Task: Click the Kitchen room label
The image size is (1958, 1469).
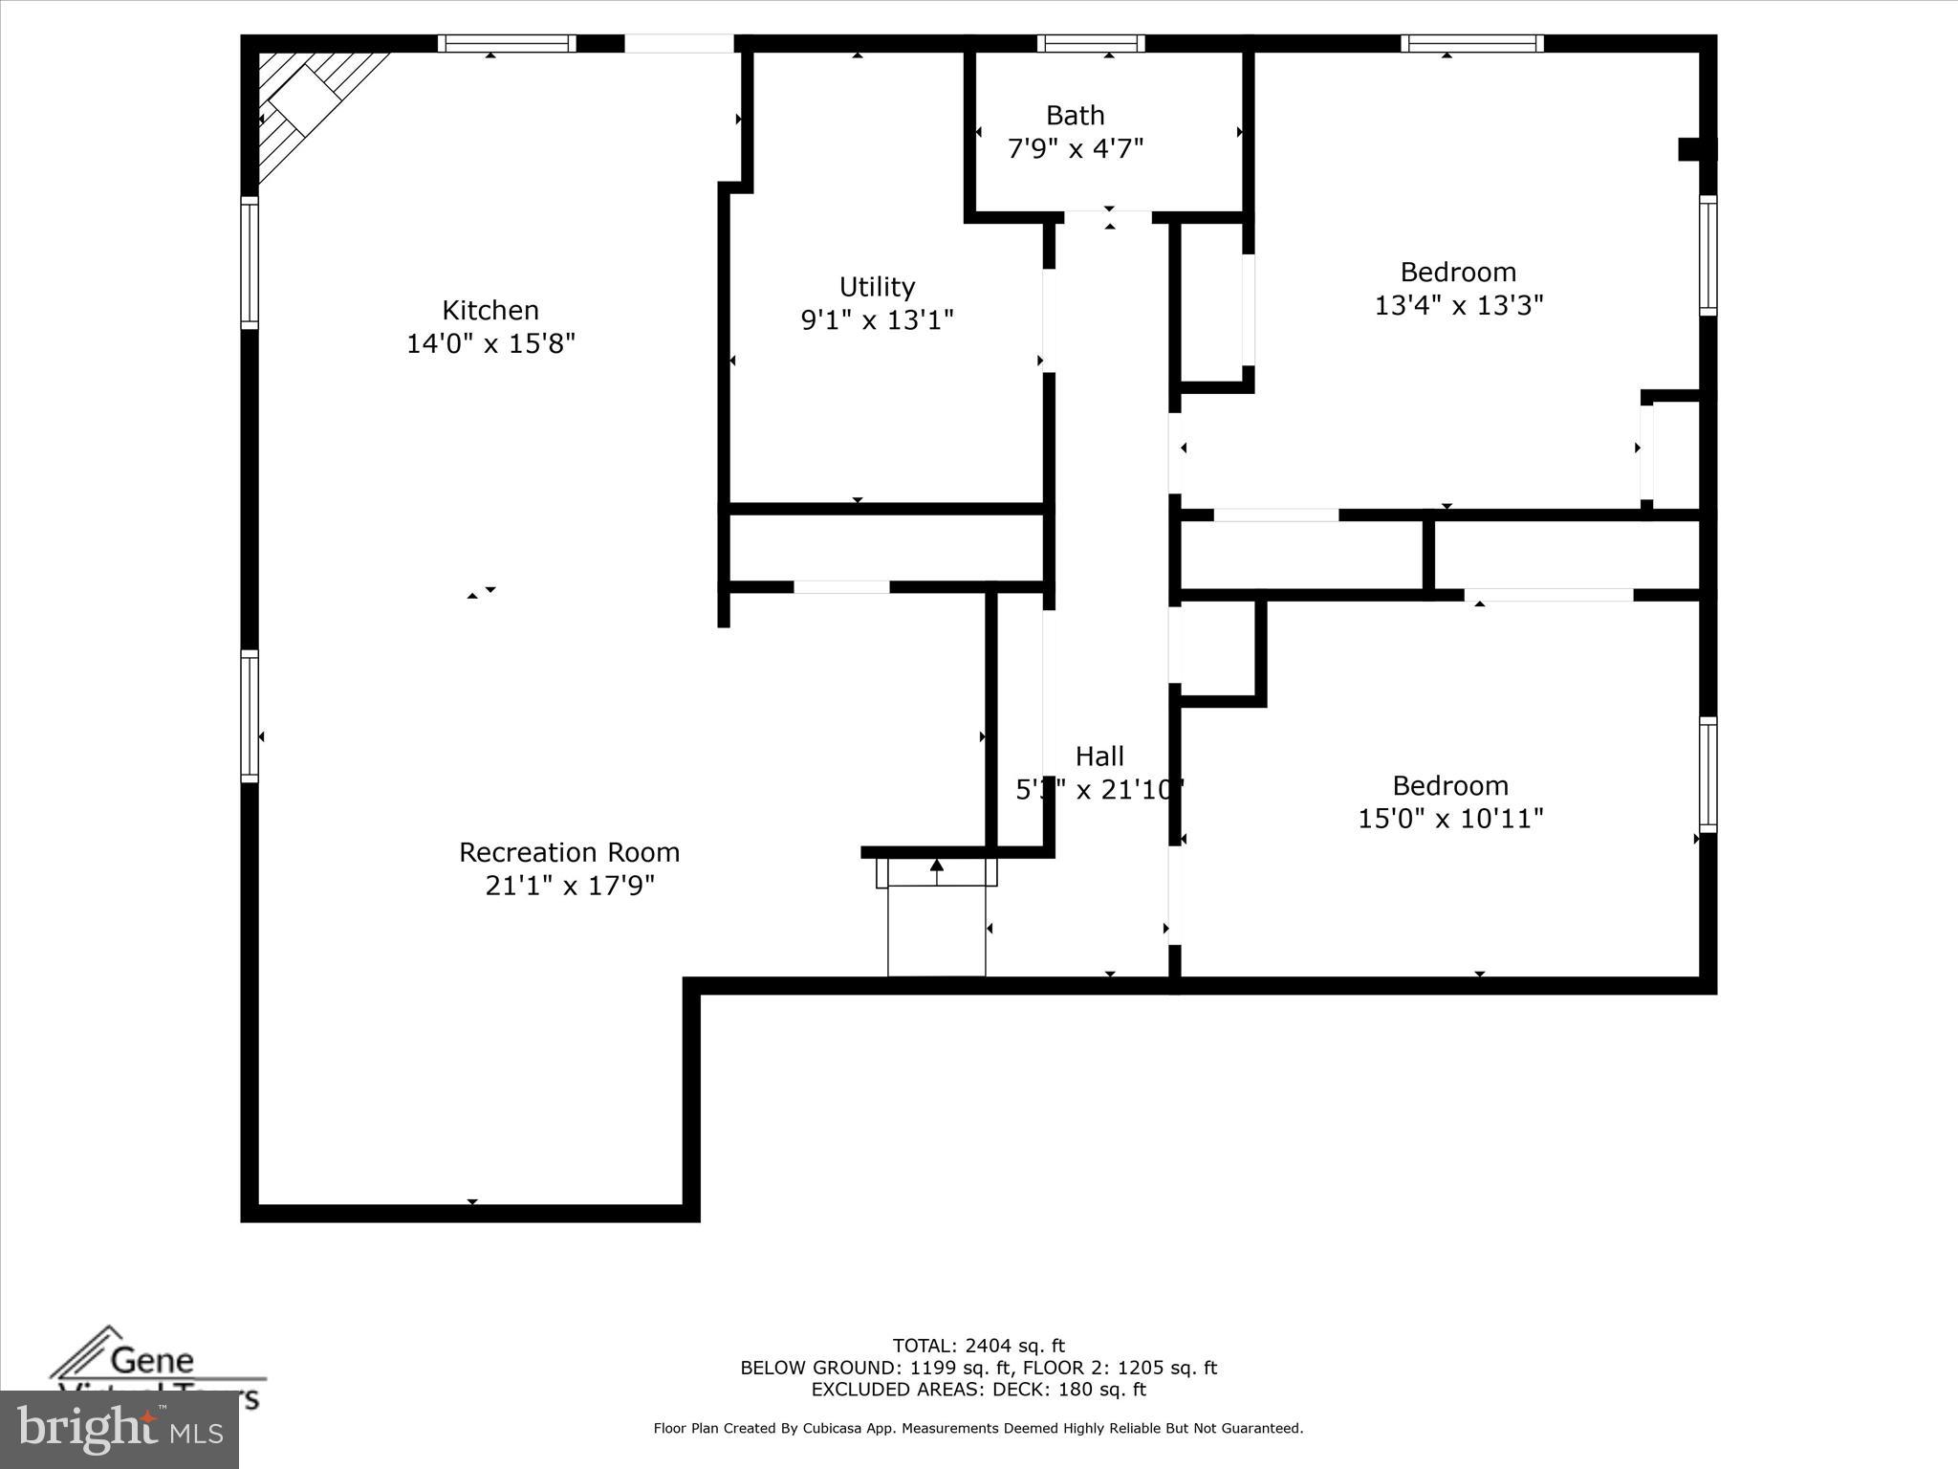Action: (x=489, y=310)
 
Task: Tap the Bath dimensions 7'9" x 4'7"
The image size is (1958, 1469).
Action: (x=1076, y=149)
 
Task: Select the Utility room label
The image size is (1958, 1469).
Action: (x=877, y=287)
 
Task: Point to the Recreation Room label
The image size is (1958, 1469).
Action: (x=569, y=852)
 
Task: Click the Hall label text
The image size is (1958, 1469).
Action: (x=1099, y=756)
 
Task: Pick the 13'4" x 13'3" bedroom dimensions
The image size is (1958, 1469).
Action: (x=1458, y=305)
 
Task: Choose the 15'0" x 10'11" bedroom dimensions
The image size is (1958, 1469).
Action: (x=1450, y=819)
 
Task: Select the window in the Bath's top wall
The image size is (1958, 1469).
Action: (x=1091, y=43)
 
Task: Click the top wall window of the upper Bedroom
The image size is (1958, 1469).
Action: (x=1472, y=43)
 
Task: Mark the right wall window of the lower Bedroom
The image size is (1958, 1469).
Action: (x=1708, y=775)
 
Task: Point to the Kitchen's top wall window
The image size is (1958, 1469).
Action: (x=507, y=43)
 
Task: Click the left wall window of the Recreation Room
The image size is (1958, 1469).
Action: (x=250, y=715)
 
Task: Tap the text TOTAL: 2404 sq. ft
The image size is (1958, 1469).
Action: (x=978, y=1347)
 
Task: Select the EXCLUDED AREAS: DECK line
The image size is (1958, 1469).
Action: (x=978, y=1390)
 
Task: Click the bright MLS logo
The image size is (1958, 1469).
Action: (x=120, y=1430)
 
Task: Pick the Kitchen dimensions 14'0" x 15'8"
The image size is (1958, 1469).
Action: (x=490, y=343)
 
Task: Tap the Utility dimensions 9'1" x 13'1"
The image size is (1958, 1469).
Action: (x=877, y=320)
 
